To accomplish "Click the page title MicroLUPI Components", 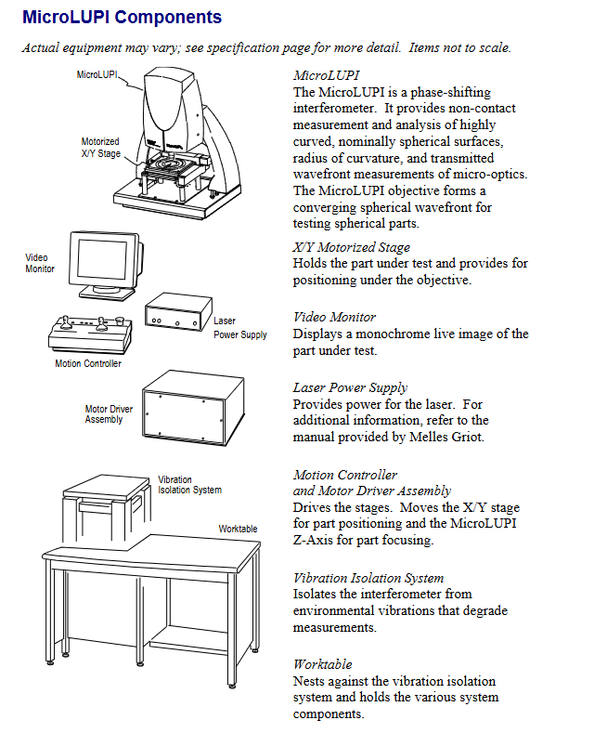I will pos(122,18).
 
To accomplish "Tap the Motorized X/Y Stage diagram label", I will pos(100,148).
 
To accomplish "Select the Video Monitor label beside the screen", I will pos(39,263).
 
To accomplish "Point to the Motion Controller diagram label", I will pos(88,363).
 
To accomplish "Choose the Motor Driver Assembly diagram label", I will pos(109,413).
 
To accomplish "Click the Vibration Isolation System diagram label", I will pos(189,485).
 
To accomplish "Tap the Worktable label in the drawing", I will pos(238,529).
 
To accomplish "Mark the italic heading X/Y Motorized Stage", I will pos(351,247).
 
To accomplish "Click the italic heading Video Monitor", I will pos(334,317).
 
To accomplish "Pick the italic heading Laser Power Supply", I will pos(350,387).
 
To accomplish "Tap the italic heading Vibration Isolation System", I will pos(368,578).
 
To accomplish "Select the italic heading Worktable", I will pos(322,664).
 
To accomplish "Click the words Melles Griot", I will pos(448,437).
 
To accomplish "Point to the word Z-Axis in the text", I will pos(316,541).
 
